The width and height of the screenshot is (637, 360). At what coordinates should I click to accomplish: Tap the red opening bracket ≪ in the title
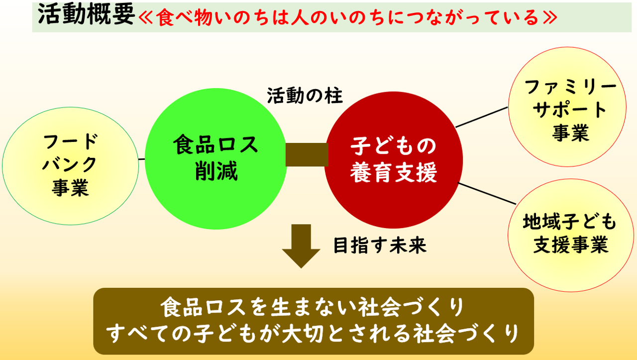146,17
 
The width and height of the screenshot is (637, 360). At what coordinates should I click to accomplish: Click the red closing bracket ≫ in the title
550,17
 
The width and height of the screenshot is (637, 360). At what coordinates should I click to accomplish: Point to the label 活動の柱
305,96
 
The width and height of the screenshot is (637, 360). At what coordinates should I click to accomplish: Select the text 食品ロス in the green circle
215,144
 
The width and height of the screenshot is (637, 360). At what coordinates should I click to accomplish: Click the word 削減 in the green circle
216,171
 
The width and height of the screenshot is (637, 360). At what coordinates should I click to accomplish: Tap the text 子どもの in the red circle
393,146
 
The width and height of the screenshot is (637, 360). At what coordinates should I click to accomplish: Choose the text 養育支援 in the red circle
393,172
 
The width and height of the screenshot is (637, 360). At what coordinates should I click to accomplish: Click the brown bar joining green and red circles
307,154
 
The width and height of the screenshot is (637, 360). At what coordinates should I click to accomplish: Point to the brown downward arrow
301,246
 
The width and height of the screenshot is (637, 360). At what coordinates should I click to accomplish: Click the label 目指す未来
380,245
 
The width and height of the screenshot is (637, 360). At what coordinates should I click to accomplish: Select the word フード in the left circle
71,141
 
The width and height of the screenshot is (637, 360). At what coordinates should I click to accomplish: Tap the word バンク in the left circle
70,164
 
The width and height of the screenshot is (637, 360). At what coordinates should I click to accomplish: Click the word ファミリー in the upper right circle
570,87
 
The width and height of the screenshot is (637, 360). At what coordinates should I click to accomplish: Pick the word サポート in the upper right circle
570,110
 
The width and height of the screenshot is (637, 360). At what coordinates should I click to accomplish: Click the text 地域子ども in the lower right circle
570,222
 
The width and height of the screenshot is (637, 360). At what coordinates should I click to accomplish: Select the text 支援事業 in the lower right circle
570,244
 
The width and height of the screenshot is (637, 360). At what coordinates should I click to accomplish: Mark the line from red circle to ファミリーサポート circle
481,117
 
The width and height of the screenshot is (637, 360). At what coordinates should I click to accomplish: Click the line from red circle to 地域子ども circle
487,194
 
